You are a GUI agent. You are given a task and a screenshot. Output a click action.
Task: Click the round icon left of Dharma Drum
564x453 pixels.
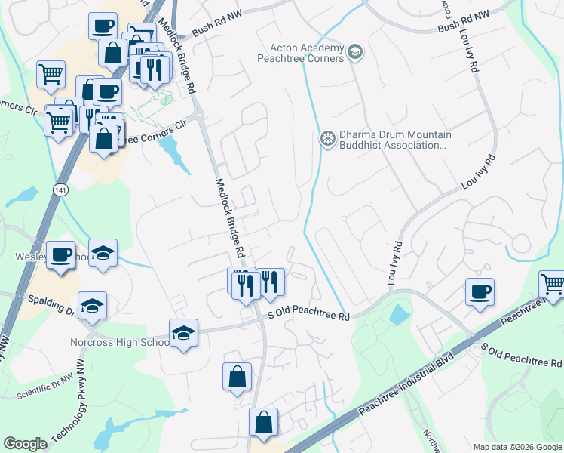[327, 138]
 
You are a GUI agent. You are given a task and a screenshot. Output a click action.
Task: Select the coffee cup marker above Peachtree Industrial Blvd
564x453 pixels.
[480, 291]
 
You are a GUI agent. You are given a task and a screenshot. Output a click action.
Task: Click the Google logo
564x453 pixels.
[26, 444]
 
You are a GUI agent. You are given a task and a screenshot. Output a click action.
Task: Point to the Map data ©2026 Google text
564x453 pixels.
[517, 447]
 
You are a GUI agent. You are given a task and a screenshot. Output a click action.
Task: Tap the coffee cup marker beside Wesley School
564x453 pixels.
[60, 254]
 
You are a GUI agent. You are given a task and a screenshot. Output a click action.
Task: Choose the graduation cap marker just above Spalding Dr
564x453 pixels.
[92, 305]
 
